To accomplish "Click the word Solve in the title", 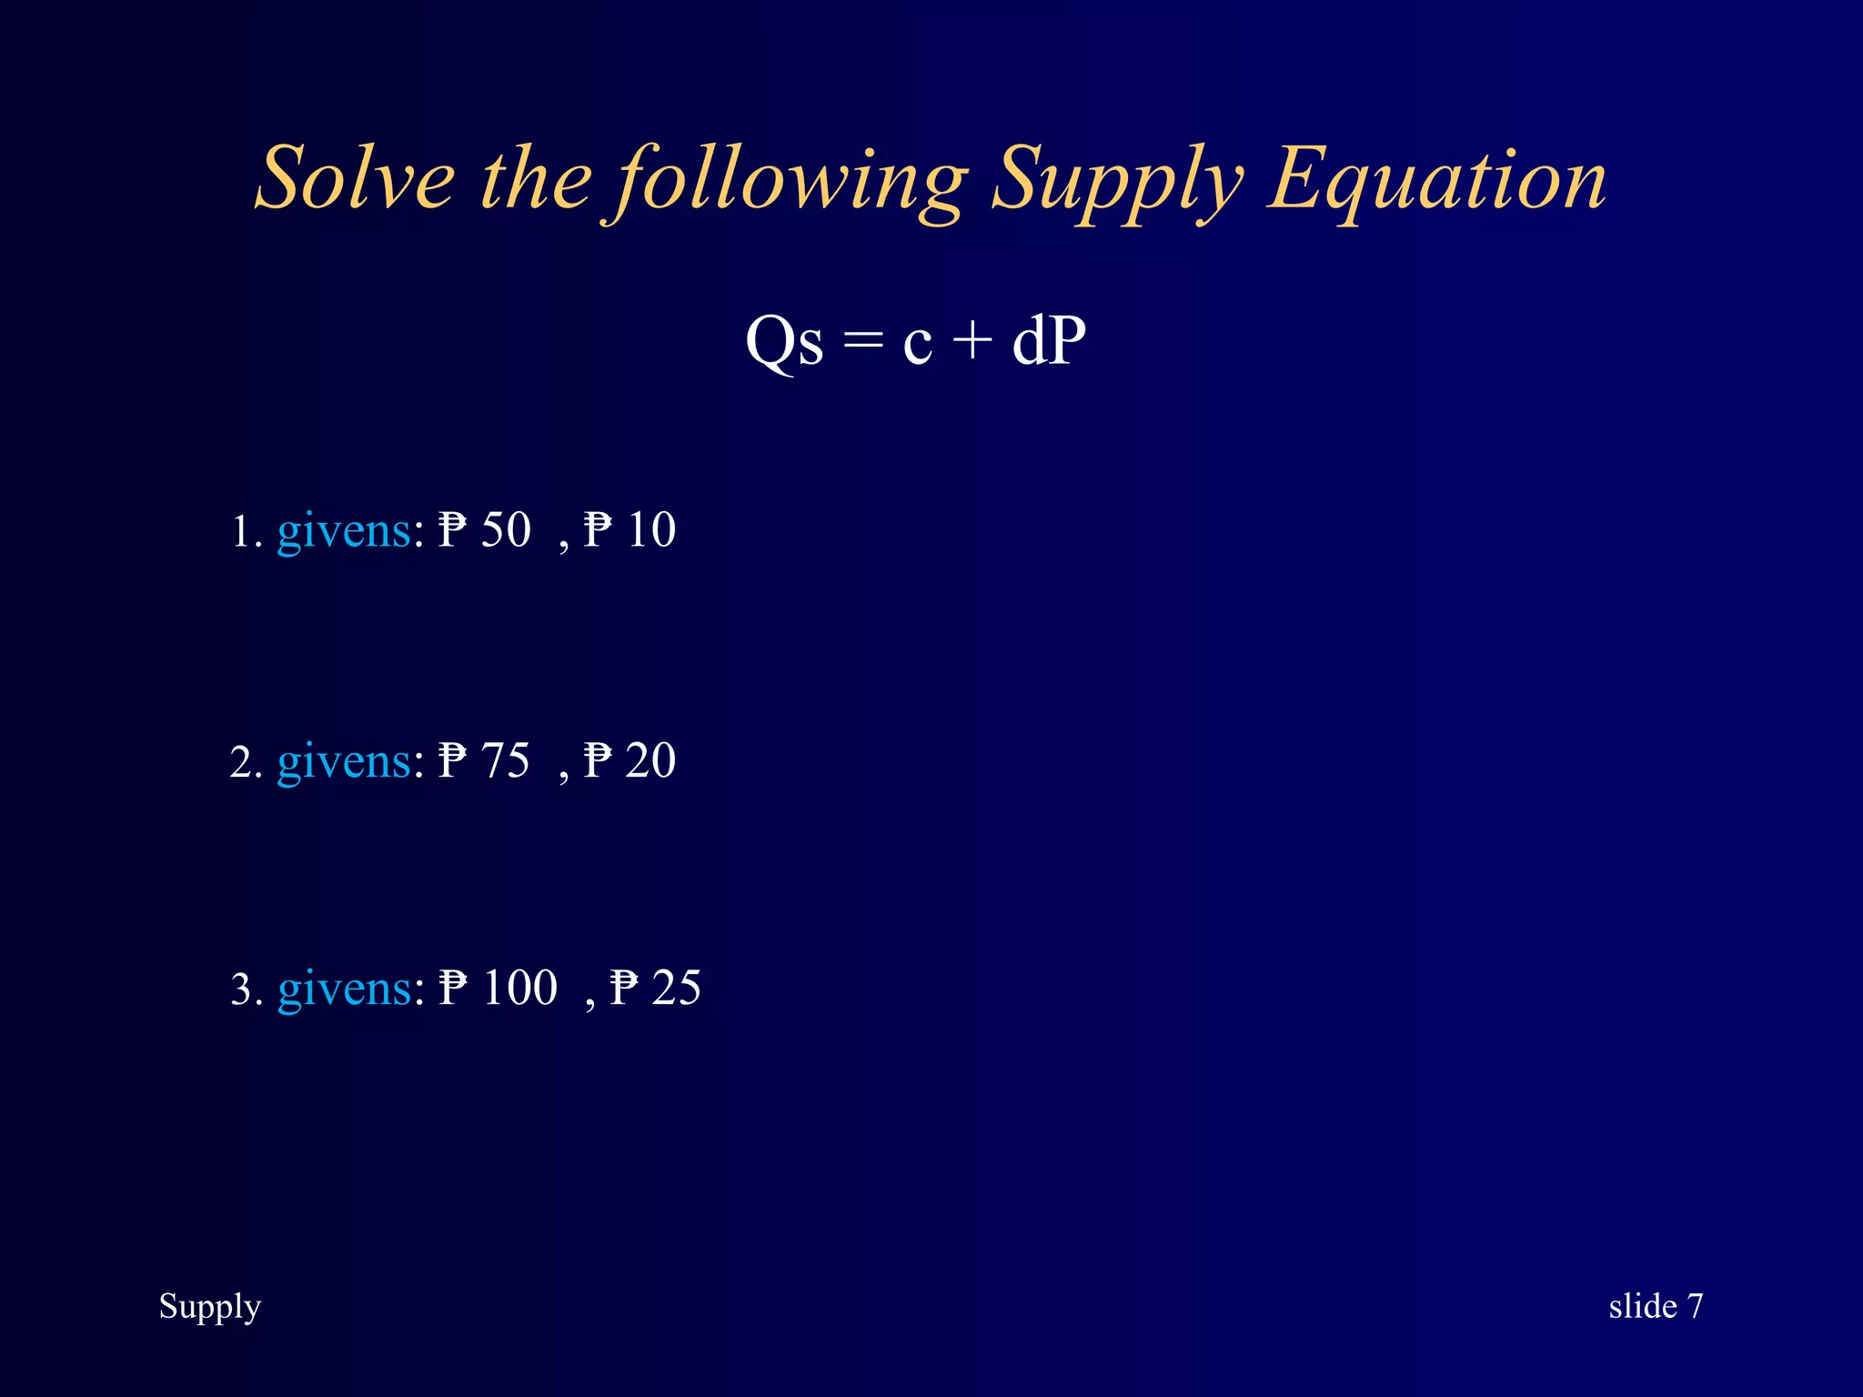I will coord(355,178).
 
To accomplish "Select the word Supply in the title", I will coord(1117,180).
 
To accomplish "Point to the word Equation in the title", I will coord(1437,180).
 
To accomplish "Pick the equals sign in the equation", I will coord(863,342).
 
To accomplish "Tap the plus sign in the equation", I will coord(972,342).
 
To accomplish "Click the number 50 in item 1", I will coord(506,529).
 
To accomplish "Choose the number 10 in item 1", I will coord(651,529).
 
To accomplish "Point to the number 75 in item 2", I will coord(506,760).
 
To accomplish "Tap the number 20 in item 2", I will coord(651,760).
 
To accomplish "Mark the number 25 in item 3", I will coord(677,988).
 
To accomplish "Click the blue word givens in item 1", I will coord(344,531).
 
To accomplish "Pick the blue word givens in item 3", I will coord(344,990).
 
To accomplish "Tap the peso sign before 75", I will coord(452,760).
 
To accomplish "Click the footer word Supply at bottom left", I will coord(210,1307).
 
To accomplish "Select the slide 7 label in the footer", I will coord(1656,1306).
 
